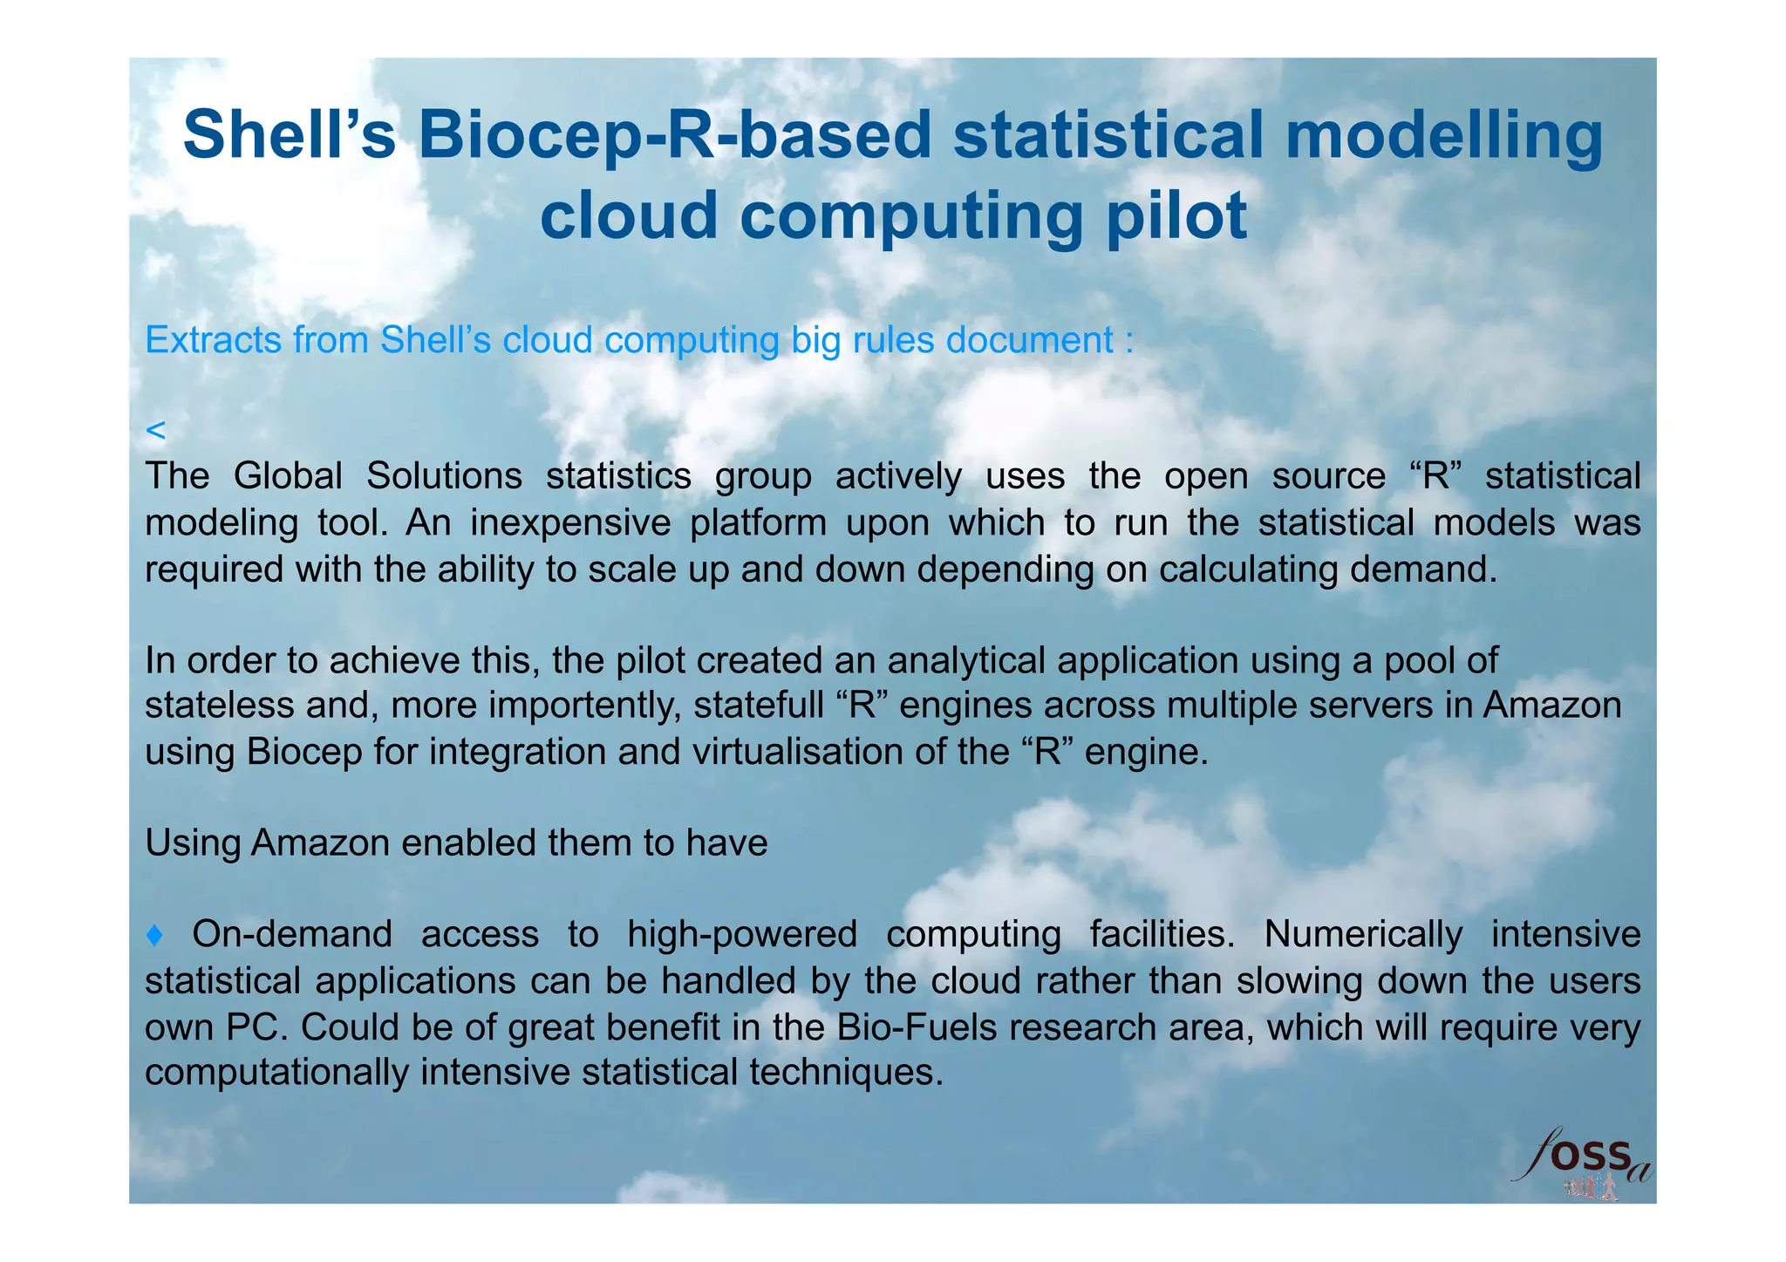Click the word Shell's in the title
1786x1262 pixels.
289,135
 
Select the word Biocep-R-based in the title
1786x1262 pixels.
675,135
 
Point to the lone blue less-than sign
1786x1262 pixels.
155,430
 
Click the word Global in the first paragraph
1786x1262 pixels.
288,476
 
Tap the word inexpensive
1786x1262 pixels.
569,523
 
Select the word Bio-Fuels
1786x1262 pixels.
917,1027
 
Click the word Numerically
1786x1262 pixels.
1363,934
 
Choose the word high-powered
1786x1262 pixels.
742,934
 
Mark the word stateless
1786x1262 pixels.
220,706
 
